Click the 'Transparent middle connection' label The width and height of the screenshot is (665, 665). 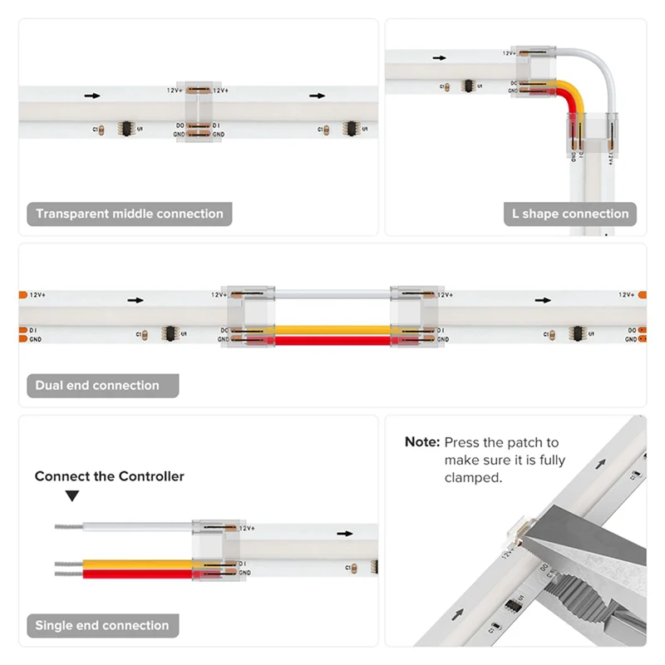pyautogui.click(x=130, y=214)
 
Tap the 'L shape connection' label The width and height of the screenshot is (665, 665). pyautogui.click(x=571, y=214)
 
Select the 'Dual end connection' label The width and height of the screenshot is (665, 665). pyautogui.click(x=97, y=386)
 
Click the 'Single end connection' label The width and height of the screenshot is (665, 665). pyautogui.click(x=102, y=625)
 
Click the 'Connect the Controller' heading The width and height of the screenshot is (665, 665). pyautogui.click(x=110, y=476)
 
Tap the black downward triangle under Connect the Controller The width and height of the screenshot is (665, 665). pyautogui.click(x=72, y=496)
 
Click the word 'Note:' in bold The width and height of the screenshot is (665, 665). pyautogui.click(x=421, y=442)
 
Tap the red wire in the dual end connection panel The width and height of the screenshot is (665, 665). pyautogui.click(x=332, y=340)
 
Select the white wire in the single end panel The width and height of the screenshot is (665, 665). pyautogui.click(x=133, y=527)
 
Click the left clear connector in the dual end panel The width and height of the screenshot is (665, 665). pyautogui.click(x=251, y=316)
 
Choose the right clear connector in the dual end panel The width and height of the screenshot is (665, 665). pyautogui.click(x=415, y=316)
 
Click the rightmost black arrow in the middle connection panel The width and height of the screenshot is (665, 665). pyautogui.click(x=317, y=96)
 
